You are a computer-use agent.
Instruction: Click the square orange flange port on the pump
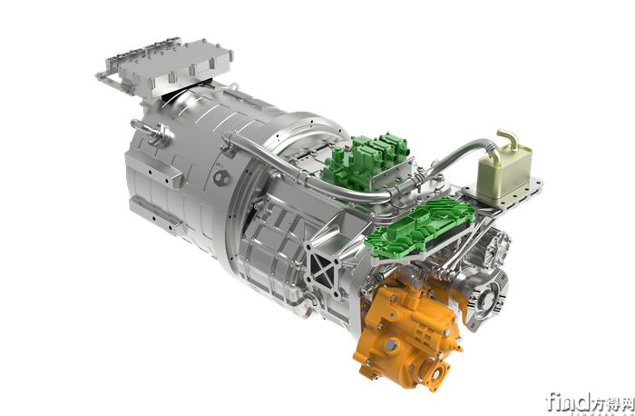coord(435,371)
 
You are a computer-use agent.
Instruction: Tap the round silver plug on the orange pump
coord(390,344)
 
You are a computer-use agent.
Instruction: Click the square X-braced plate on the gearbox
coord(321,268)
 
